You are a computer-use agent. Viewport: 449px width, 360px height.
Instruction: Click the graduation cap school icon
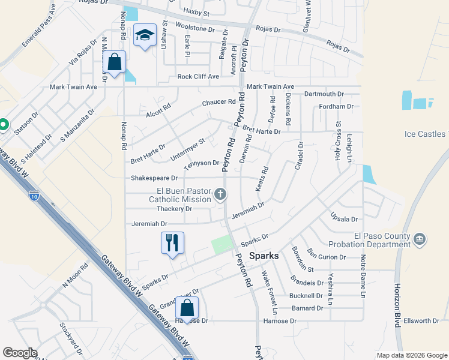click(145, 35)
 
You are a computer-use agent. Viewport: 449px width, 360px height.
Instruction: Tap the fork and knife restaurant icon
click(172, 243)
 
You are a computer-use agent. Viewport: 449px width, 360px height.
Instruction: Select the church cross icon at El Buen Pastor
click(220, 194)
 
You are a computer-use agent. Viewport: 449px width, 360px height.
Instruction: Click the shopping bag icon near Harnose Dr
click(187, 308)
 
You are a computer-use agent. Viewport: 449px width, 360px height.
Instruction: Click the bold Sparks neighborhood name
click(264, 256)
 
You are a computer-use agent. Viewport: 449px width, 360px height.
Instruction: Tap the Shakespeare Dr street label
click(154, 178)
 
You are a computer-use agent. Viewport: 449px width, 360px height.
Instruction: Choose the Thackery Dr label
click(173, 209)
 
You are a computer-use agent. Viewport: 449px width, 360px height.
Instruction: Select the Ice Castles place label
click(426, 134)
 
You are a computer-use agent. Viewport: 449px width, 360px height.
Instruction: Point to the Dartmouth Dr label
click(324, 94)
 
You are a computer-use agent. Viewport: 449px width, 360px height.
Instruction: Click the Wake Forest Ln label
click(269, 293)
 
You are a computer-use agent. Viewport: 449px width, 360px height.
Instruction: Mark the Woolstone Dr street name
click(195, 28)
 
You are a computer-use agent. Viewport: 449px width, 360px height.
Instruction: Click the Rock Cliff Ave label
click(198, 77)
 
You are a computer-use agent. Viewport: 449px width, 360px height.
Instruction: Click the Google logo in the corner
click(20, 353)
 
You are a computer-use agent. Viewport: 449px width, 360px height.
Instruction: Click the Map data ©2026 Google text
click(411, 355)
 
